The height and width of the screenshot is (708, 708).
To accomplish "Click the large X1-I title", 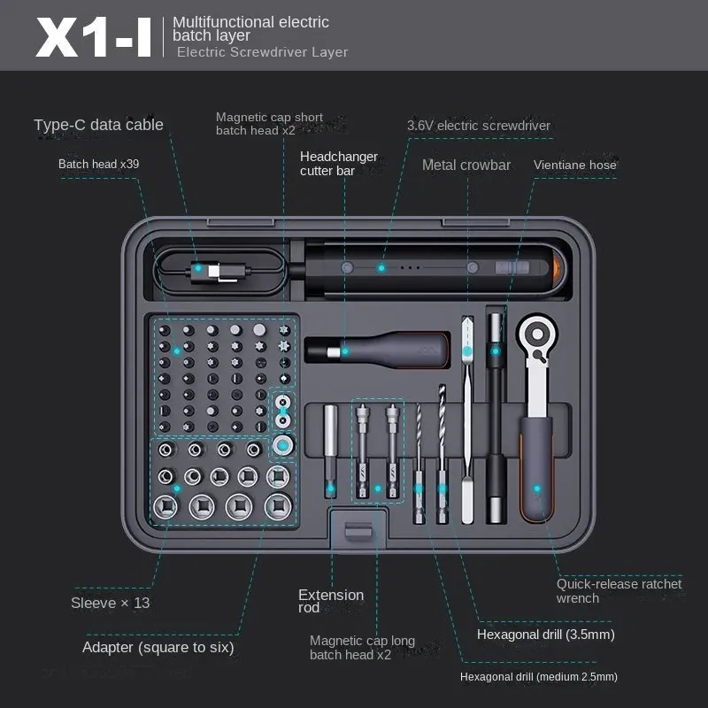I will click(94, 36).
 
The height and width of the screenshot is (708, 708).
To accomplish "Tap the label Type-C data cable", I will click(98, 125).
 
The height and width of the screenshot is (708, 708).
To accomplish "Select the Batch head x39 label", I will click(98, 164).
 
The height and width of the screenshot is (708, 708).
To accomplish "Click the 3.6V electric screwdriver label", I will click(478, 126).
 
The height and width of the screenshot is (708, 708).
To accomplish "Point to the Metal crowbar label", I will click(466, 165).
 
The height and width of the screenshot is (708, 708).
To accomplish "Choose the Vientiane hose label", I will click(574, 165).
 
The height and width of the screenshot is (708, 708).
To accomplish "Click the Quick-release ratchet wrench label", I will click(619, 590).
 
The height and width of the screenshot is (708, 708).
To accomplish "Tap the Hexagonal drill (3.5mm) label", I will click(545, 635).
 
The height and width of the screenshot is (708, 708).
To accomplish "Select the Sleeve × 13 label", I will click(111, 603).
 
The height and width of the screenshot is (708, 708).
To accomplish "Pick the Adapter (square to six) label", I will click(158, 647).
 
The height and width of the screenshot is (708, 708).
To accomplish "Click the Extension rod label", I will click(330, 601).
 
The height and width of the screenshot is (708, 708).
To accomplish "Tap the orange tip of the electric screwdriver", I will click(557, 266).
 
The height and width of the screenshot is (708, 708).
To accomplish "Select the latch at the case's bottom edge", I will click(358, 534).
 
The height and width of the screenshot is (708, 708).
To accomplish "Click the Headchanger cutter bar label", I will click(338, 164).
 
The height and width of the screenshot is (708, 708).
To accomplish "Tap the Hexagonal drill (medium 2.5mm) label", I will click(538, 677).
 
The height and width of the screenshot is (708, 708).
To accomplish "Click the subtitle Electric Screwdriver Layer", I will click(262, 52).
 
